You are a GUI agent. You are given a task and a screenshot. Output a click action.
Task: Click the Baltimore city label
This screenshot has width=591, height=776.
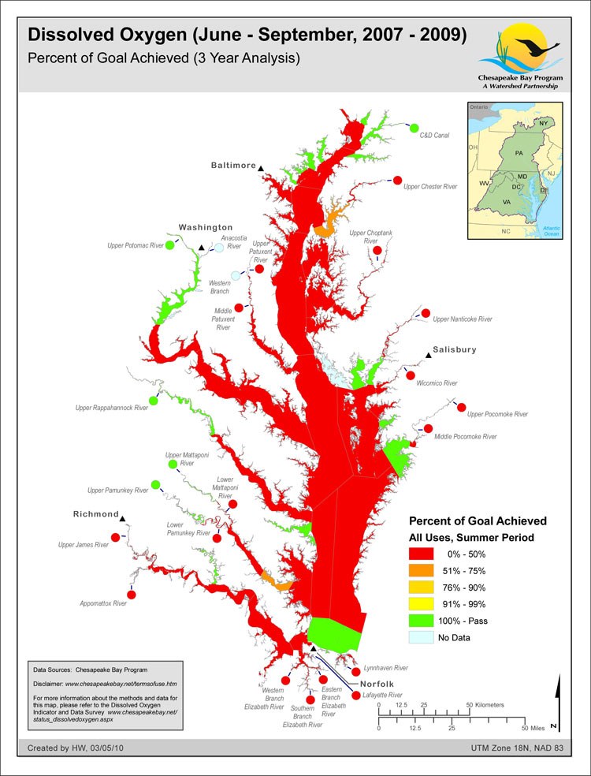[x=233, y=166]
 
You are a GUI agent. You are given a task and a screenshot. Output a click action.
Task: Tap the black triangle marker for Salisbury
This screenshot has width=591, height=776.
[x=429, y=356]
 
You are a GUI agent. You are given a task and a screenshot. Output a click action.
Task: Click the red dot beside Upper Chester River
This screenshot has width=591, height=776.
[x=398, y=181]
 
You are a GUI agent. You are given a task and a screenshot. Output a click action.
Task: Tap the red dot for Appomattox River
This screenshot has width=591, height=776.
[x=132, y=594]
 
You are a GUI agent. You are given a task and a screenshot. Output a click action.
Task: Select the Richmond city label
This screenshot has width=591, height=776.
[x=95, y=514]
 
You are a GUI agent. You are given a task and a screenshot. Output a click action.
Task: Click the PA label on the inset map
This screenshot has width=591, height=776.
[x=519, y=151]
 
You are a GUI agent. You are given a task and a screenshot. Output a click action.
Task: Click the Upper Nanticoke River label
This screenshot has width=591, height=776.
[x=463, y=319]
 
